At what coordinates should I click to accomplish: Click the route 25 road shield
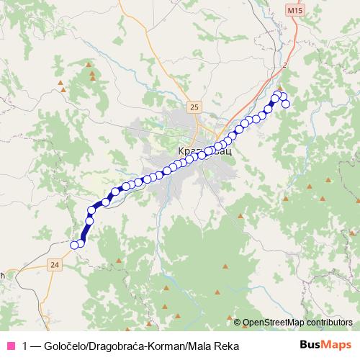click(194, 107)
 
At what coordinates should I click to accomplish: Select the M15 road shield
click(290, 12)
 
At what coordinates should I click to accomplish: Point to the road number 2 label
click(285, 65)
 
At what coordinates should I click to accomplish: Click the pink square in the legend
click(12, 345)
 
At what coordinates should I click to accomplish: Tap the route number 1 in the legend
click(26, 345)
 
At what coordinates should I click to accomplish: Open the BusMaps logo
click(326, 344)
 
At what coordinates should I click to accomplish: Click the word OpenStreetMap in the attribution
click(274, 323)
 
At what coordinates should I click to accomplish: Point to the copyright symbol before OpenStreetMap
click(238, 323)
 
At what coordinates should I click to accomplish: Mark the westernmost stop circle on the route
click(73, 245)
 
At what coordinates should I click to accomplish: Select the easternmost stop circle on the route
click(286, 104)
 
